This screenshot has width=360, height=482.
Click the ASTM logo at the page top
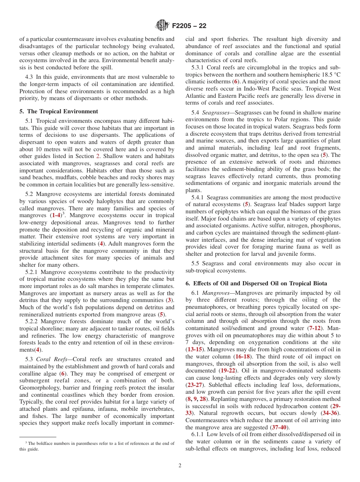click(x=162, y=26)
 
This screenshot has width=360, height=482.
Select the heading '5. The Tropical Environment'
click(x=58, y=111)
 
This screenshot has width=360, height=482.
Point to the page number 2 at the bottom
click(x=180, y=466)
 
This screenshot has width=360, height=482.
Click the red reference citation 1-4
click(x=58, y=215)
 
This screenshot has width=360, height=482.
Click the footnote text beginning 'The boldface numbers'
click(x=97, y=443)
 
